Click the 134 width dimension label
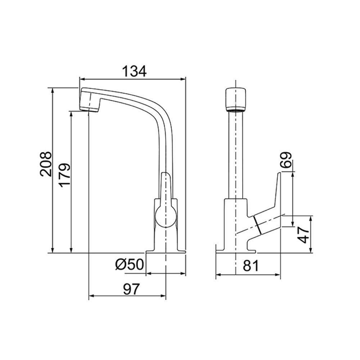tap(134, 71)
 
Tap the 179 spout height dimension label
tap(64, 175)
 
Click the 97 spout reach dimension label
tap(131, 289)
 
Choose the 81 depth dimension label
tap(251, 266)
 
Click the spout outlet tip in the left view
tap(89, 109)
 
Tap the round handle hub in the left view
tap(166, 216)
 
